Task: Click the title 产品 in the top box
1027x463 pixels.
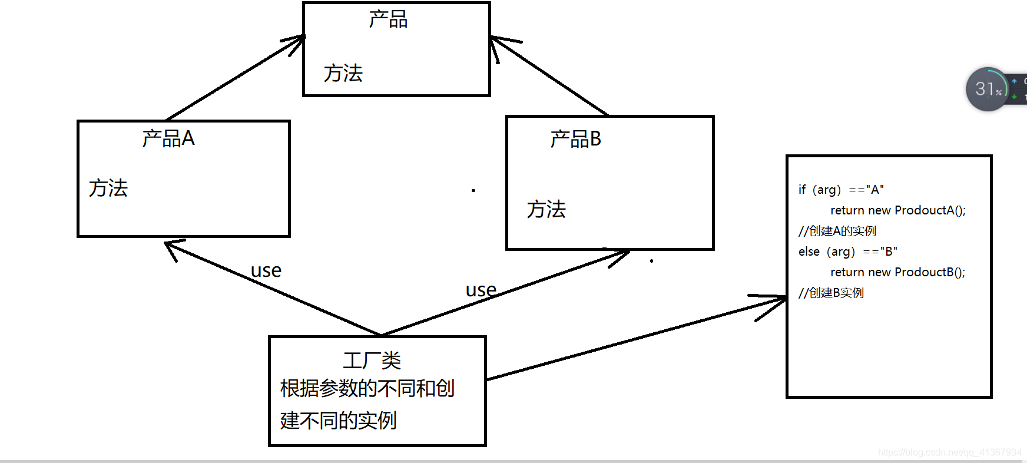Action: pyautogui.click(x=388, y=19)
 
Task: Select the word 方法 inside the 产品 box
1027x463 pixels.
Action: pyautogui.click(x=343, y=74)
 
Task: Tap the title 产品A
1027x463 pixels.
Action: pyautogui.click(x=168, y=138)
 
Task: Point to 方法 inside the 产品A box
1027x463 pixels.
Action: pyautogui.click(x=108, y=188)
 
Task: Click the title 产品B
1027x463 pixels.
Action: pyautogui.click(x=575, y=140)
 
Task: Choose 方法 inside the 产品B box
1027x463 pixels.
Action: pyautogui.click(x=546, y=209)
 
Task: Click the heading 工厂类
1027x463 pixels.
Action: pyautogui.click(x=372, y=361)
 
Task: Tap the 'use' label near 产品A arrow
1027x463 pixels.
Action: pyautogui.click(x=266, y=270)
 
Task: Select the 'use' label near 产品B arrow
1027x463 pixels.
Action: pyautogui.click(x=481, y=290)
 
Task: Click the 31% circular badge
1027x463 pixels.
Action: pyautogui.click(x=988, y=90)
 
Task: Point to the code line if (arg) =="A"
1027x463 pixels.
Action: pyautogui.click(x=841, y=190)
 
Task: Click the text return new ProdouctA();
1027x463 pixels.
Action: pyautogui.click(x=897, y=210)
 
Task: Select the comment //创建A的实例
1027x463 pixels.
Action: pyautogui.click(x=837, y=231)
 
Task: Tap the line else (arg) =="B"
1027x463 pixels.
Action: pyautogui.click(x=847, y=252)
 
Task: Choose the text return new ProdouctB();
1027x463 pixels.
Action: pyautogui.click(x=897, y=272)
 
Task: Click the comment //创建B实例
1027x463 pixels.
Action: pyautogui.click(x=831, y=293)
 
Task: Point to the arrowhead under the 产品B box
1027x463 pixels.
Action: pyautogui.click(x=621, y=256)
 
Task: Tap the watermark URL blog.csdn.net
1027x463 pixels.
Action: pyautogui.click(x=949, y=452)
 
